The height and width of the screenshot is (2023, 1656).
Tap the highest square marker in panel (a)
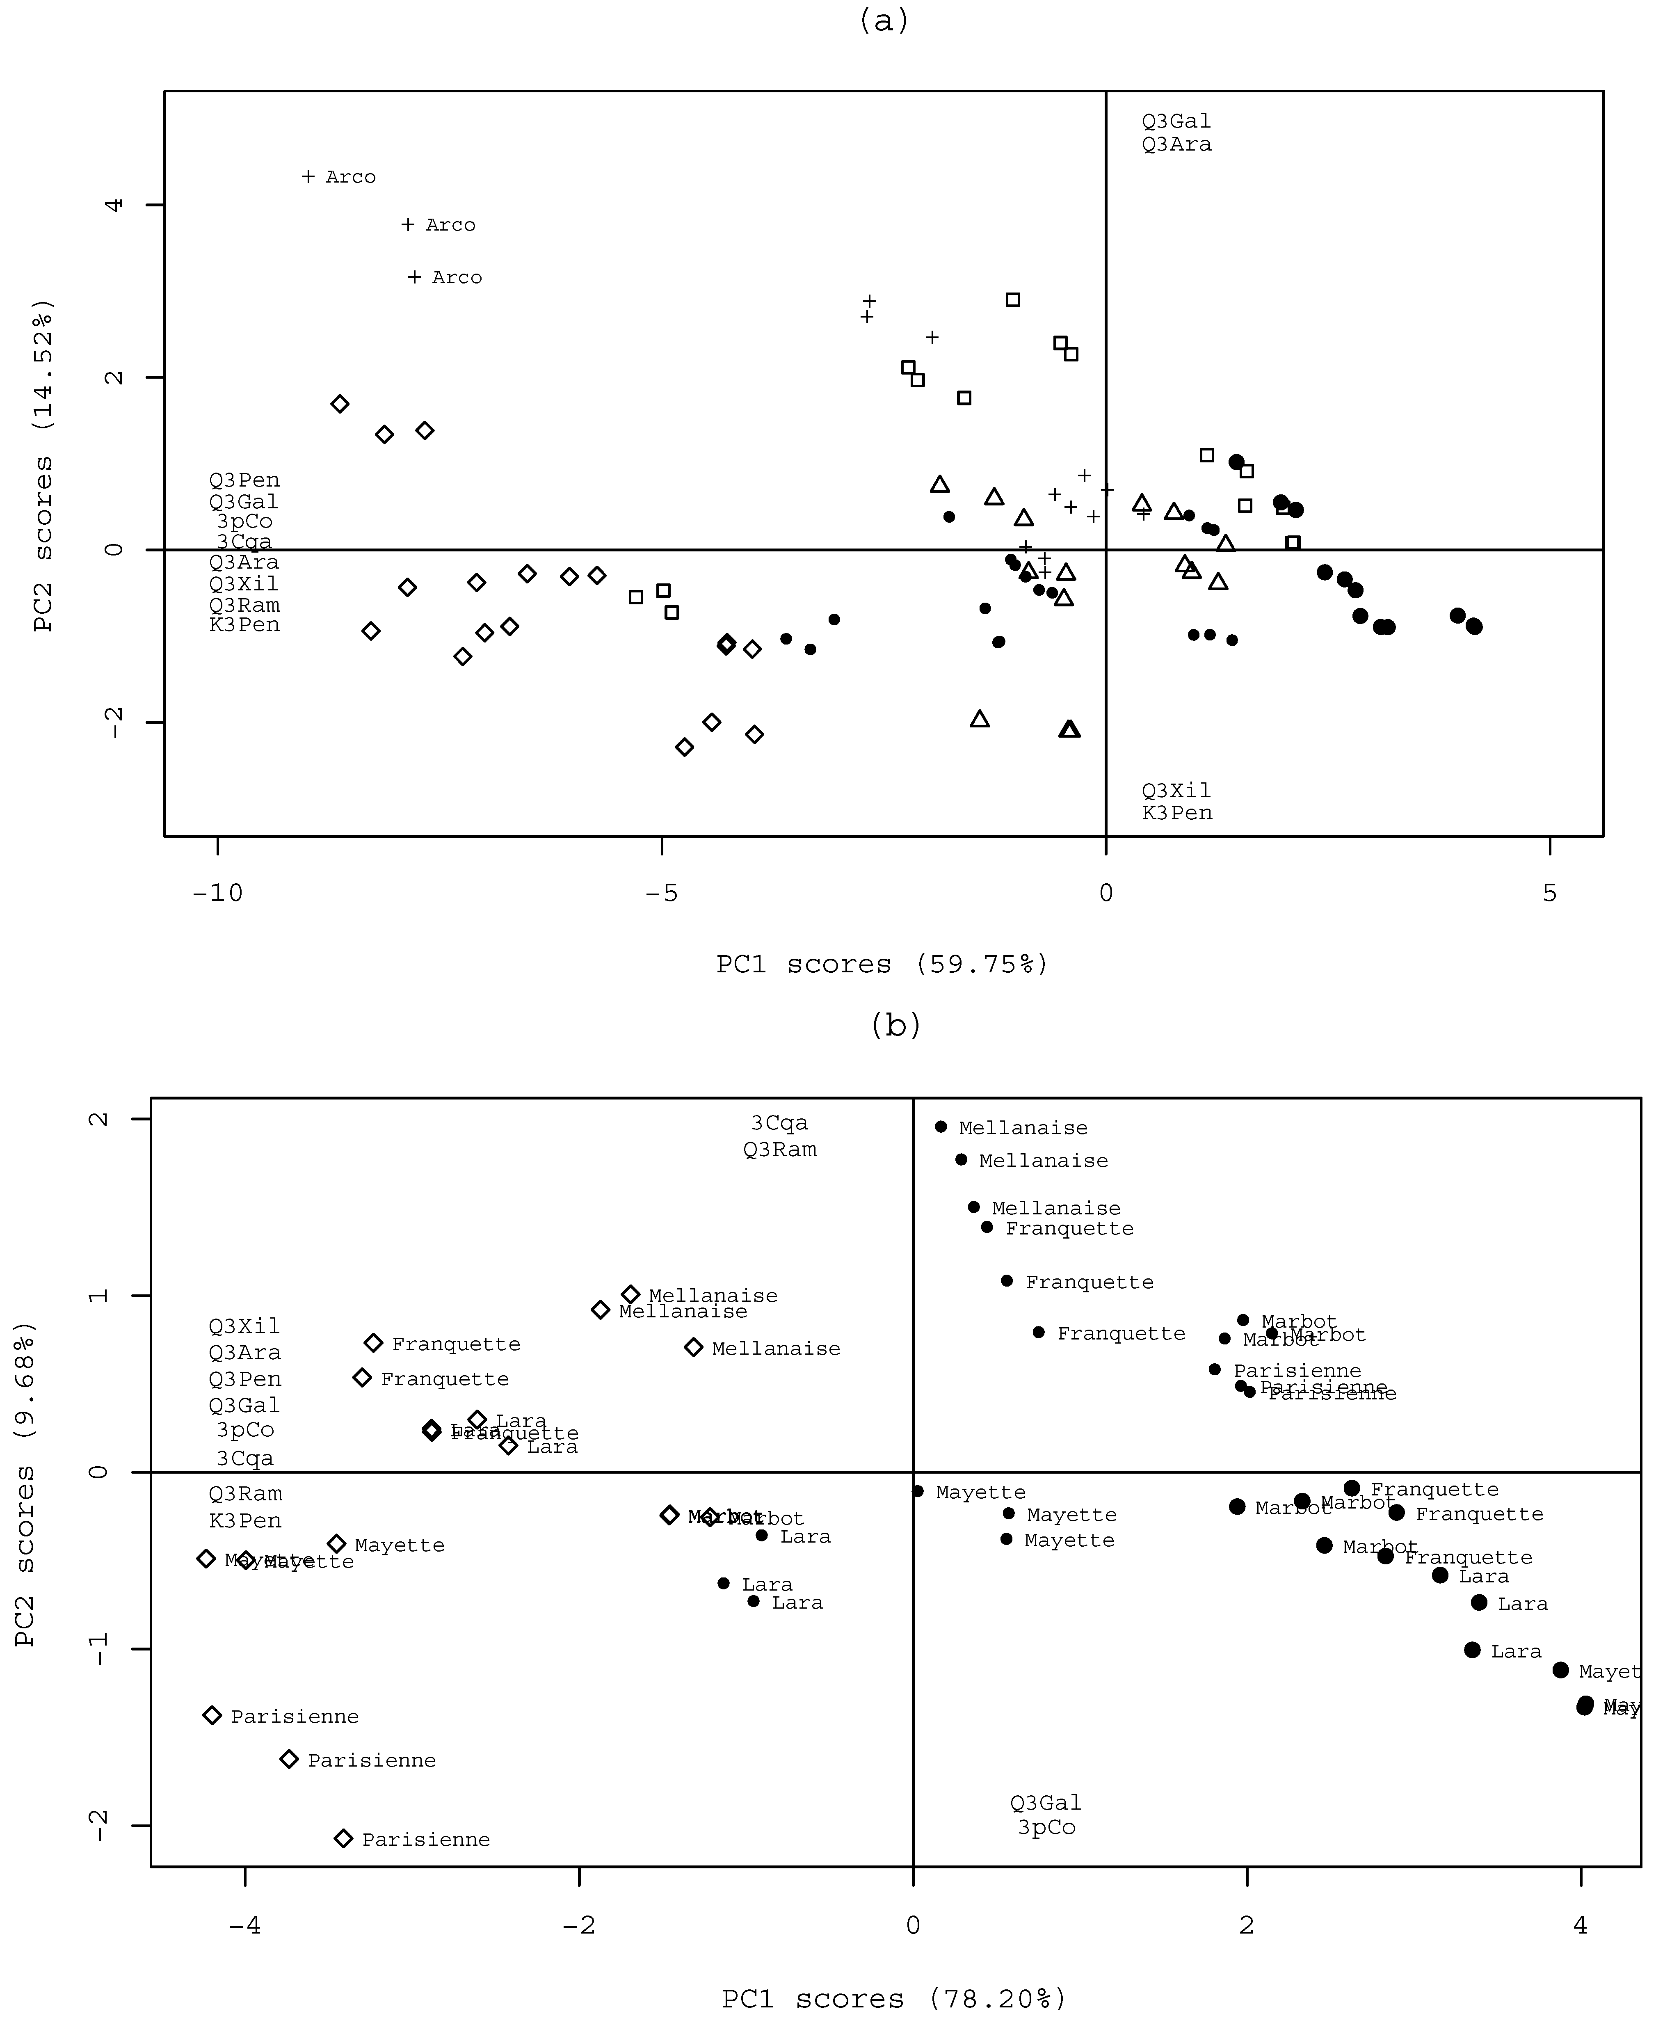[1013, 299]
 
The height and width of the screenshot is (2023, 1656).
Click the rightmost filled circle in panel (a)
[1474, 626]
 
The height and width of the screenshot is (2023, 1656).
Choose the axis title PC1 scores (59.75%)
[882, 964]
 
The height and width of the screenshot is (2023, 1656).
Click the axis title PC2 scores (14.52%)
[43, 466]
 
